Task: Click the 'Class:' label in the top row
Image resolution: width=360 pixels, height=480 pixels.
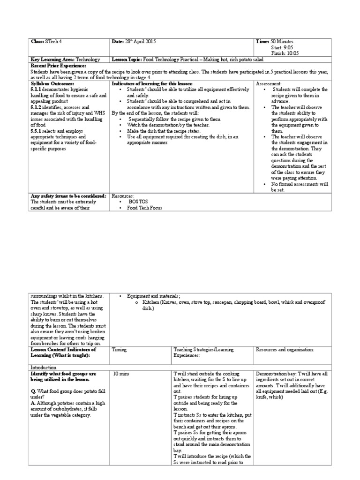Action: [x=37, y=42]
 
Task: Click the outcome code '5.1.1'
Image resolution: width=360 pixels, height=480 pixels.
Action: [x=36, y=89]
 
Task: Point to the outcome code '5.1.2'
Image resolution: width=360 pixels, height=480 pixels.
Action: [x=36, y=106]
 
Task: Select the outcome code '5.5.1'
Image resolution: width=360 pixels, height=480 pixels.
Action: [x=36, y=130]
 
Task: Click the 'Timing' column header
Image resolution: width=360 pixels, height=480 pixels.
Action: [x=120, y=350]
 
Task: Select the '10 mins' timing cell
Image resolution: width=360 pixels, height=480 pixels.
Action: [x=122, y=374]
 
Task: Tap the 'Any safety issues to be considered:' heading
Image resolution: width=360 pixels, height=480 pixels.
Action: [x=68, y=195]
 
